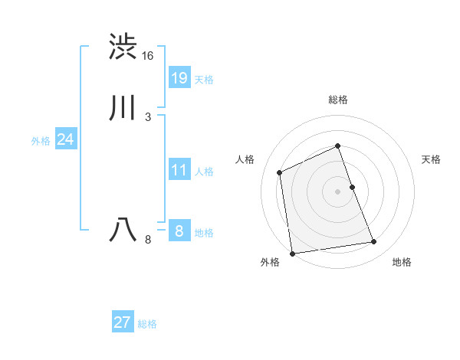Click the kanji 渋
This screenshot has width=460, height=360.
coord(123,47)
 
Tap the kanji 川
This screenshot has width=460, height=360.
coord(123,109)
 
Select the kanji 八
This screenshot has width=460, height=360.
coord(123,230)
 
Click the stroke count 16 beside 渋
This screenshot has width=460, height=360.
coord(148,56)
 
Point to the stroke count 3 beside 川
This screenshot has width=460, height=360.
coord(147,116)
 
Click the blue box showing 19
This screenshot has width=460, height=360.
coord(179,77)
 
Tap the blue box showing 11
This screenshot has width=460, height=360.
coord(179,170)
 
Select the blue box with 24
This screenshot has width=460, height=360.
coord(66,139)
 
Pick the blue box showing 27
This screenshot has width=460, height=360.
coord(123,322)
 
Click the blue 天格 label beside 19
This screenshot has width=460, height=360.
coord(204,80)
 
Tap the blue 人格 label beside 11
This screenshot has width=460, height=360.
coord(204,172)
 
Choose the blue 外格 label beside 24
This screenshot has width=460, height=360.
coord(41,141)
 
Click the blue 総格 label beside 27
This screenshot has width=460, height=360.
coord(147,324)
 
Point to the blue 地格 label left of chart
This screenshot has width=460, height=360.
coord(204,233)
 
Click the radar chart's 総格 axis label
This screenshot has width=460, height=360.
coord(338,100)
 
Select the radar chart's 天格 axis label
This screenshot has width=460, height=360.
coord(431,159)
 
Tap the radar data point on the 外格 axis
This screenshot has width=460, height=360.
coord(291,253)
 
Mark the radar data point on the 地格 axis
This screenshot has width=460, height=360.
coord(374,242)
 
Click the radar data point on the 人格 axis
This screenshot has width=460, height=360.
coord(280,172)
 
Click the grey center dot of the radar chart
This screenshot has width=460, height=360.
coord(337,191)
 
